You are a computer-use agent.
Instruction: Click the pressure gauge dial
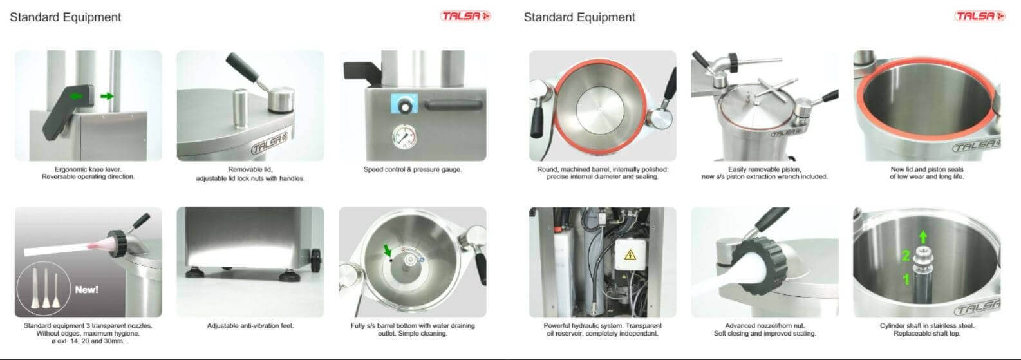404,137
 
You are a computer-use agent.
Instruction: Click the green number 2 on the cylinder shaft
906,256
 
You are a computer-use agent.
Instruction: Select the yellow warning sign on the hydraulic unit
630,255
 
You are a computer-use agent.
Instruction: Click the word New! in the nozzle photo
87,289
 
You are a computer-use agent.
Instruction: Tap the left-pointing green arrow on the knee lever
76,96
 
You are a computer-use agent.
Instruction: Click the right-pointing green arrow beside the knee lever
107,96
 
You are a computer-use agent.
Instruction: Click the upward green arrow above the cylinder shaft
923,237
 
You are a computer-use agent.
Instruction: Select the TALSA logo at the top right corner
980,16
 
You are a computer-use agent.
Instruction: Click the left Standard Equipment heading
65,17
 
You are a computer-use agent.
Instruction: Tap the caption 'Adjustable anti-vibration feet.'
250,325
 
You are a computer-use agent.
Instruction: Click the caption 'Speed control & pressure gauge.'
413,169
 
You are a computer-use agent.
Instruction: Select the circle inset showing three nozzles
44,289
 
